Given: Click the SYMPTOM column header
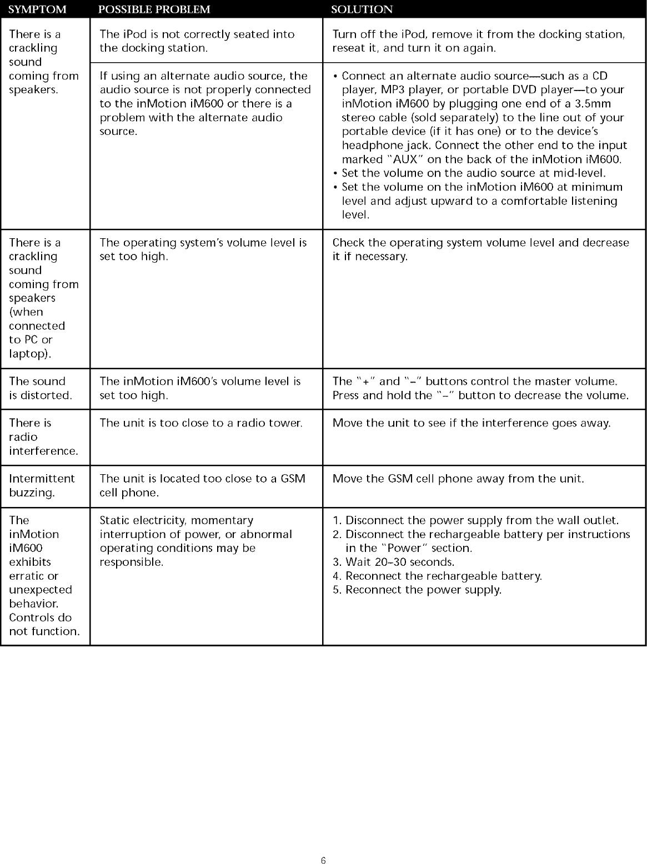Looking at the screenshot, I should click(38, 9).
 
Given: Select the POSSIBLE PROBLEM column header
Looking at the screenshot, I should click(155, 9).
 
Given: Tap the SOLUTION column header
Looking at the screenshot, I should click(362, 9).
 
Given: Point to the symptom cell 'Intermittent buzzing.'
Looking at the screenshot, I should click(42, 485).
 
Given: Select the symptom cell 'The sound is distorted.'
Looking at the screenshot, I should click(41, 388).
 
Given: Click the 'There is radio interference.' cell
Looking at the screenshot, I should click(43, 437).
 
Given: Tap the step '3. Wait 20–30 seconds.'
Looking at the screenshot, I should click(393, 562).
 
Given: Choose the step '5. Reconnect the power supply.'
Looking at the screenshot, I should click(417, 590).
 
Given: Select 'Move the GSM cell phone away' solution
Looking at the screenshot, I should click(458, 479).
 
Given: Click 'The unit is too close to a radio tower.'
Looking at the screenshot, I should click(201, 423).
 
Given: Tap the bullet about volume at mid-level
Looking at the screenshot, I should click(473, 173).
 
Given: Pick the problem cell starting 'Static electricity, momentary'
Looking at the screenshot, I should click(195, 541).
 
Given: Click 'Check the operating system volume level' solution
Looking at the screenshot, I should click(480, 249).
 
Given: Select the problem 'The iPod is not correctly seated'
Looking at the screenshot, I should click(197, 41).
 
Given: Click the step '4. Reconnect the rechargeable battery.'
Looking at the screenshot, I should click(437, 576).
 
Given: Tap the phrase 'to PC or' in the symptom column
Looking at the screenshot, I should click(31, 340).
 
